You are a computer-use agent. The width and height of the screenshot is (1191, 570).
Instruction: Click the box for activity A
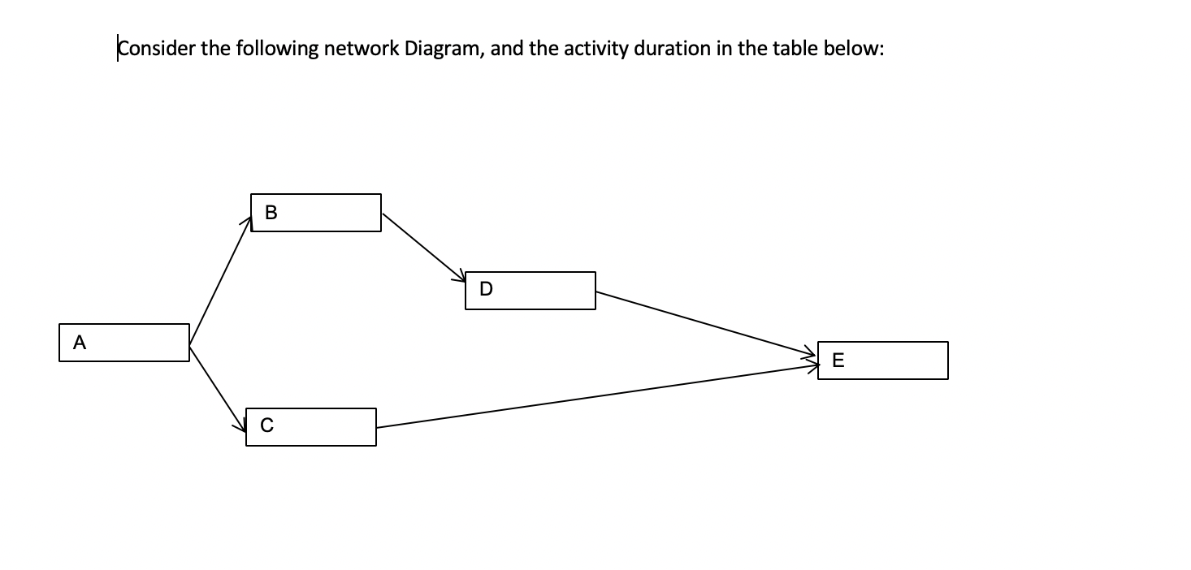[124, 343]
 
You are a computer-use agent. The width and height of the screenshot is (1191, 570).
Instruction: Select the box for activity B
[316, 213]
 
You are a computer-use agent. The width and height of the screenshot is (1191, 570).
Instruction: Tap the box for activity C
[311, 427]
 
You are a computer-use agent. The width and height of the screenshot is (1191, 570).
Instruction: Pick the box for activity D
[531, 291]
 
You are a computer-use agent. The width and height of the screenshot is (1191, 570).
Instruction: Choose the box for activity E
[883, 361]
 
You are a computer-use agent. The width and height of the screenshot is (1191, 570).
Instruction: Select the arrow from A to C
[218, 386]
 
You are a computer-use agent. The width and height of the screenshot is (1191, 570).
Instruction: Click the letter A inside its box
[79, 343]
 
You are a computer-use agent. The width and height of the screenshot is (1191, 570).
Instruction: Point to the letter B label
[271, 213]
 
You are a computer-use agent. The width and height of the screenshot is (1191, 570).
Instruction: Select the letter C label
[266, 425]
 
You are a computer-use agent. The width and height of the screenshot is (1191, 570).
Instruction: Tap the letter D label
[486, 289]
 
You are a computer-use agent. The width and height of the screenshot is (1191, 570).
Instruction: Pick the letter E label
[838, 361]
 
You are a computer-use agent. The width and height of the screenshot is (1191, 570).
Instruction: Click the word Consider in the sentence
[157, 49]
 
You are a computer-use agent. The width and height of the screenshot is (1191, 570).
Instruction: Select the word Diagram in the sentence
[447, 49]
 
